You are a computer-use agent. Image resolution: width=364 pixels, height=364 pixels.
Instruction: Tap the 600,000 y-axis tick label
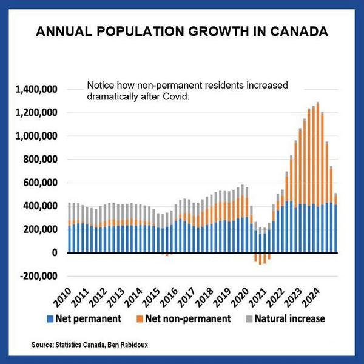coord(40,183)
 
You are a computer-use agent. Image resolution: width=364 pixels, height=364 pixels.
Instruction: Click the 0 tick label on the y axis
coord(54,252)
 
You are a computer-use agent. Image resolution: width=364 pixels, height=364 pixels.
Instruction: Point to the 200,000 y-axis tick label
coord(40,229)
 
